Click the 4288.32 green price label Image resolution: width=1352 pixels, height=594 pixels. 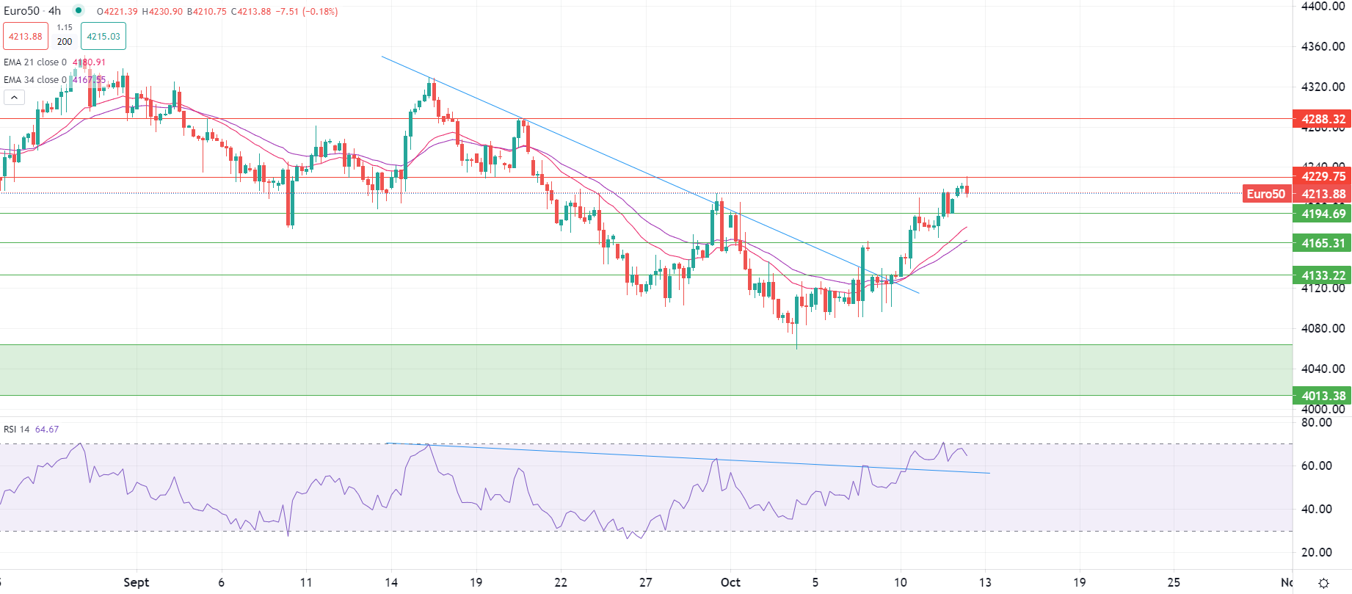tap(1322, 119)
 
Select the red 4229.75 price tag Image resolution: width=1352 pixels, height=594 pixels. tap(1322, 176)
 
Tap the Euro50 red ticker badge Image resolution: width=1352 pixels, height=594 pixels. tap(1266, 194)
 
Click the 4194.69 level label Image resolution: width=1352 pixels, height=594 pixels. tap(1322, 214)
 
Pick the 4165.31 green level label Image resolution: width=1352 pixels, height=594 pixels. tap(1322, 243)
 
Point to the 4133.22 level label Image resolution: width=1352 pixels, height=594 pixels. tap(1322, 275)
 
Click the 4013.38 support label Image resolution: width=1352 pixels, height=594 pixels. tap(1322, 396)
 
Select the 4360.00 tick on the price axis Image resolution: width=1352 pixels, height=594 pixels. tap(1323, 46)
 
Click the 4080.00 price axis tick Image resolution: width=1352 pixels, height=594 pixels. tap(1323, 328)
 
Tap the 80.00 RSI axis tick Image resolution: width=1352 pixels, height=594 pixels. tap(1316, 422)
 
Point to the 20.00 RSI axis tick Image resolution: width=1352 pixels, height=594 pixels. tap(1316, 552)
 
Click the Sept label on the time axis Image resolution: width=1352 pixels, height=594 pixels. tap(136, 582)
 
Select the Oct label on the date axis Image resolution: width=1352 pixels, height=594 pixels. tap(730, 582)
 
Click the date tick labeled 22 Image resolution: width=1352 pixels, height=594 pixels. tap(561, 582)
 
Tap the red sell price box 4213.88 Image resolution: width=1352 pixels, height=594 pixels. tap(26, 36)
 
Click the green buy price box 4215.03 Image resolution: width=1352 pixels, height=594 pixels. tap(103, 36)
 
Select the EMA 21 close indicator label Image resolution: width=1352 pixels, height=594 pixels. tap(34, 62)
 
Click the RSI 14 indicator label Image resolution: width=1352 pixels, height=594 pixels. tap(17, 430)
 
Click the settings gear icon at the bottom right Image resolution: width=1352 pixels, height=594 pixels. tap(1323, 583)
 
